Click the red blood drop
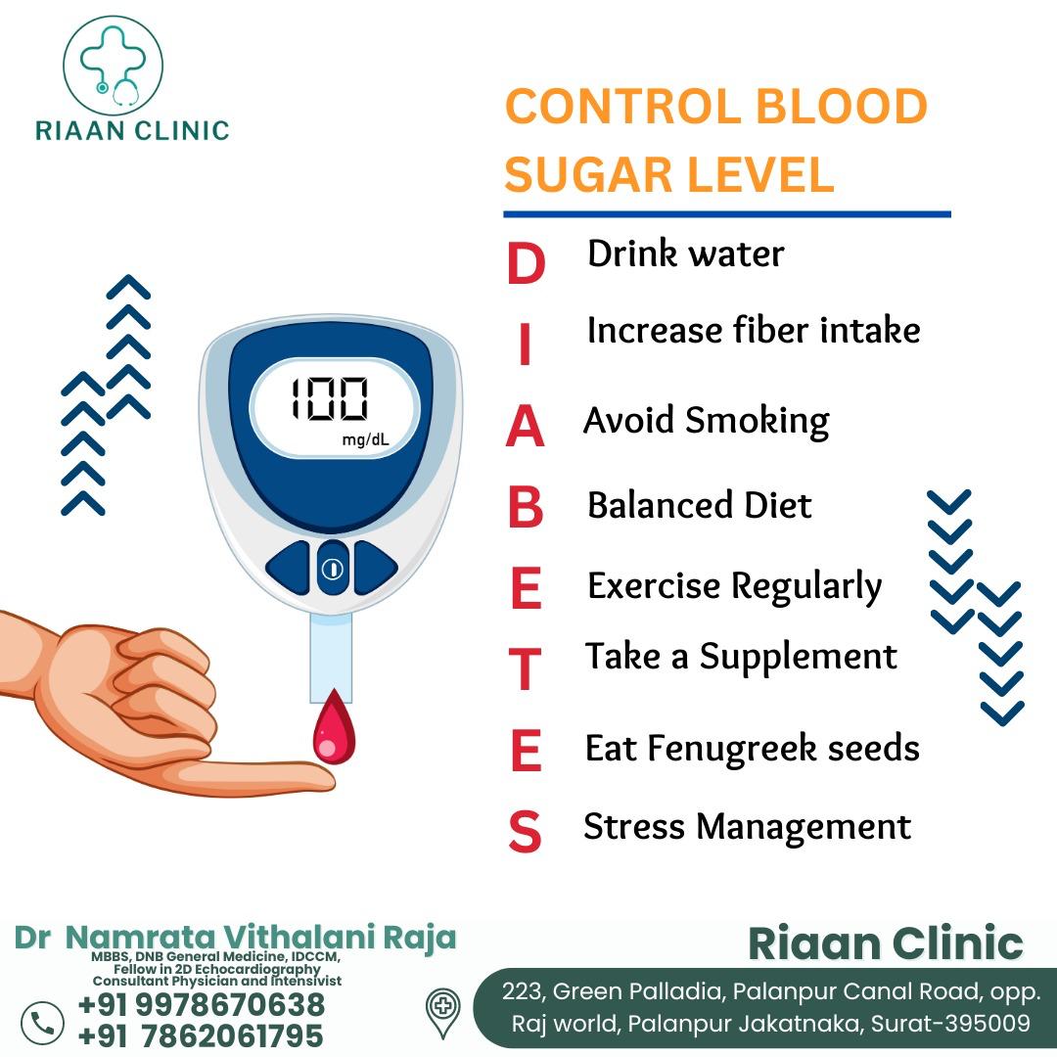pyautogui.click(x=334, y=728)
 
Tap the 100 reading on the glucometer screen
pyautogui.click(x=330, y=398)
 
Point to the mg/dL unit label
pyautogui.click(x=365, y=440)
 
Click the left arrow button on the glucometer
pyautogui.click(x=289, y=568)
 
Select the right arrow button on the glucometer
pyautogui.click(x=375, y=568)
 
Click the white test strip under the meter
pyautogui.click(x=331, y=658)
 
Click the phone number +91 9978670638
pyautogui.click(x=202, y=1004)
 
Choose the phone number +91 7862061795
pyautogui.click(x=201, y=1035)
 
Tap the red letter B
pyautogui.click(x=526, y=506)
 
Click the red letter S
pyautogui.click(x=525, y=831)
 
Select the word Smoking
pyautogui.click(x=757, y=421)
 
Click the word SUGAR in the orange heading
pyautogui.click(x=587, y=174)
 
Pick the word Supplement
pyautogui.click(x=799, y=658)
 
